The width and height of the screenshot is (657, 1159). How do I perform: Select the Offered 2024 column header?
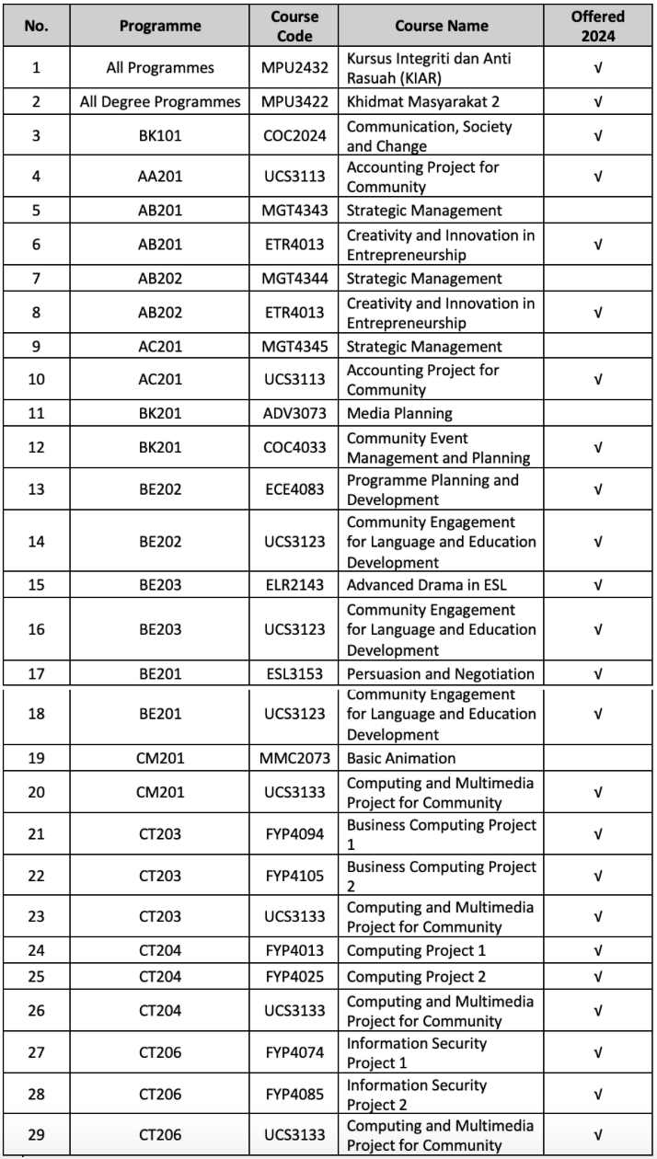(597, 27)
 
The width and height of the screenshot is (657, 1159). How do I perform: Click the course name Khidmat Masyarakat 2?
(417, 102)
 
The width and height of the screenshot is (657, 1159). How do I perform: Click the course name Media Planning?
(399, 414)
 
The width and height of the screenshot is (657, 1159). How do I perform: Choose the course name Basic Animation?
(401, 759)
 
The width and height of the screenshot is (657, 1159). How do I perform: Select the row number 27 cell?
(36, 1053)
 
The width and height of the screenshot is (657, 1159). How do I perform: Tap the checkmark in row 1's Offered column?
(597, 68)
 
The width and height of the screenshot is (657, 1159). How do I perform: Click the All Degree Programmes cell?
(160, 102)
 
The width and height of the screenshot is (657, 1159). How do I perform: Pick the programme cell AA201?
(160, 177)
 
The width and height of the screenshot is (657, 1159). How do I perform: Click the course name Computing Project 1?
(416, 951)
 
